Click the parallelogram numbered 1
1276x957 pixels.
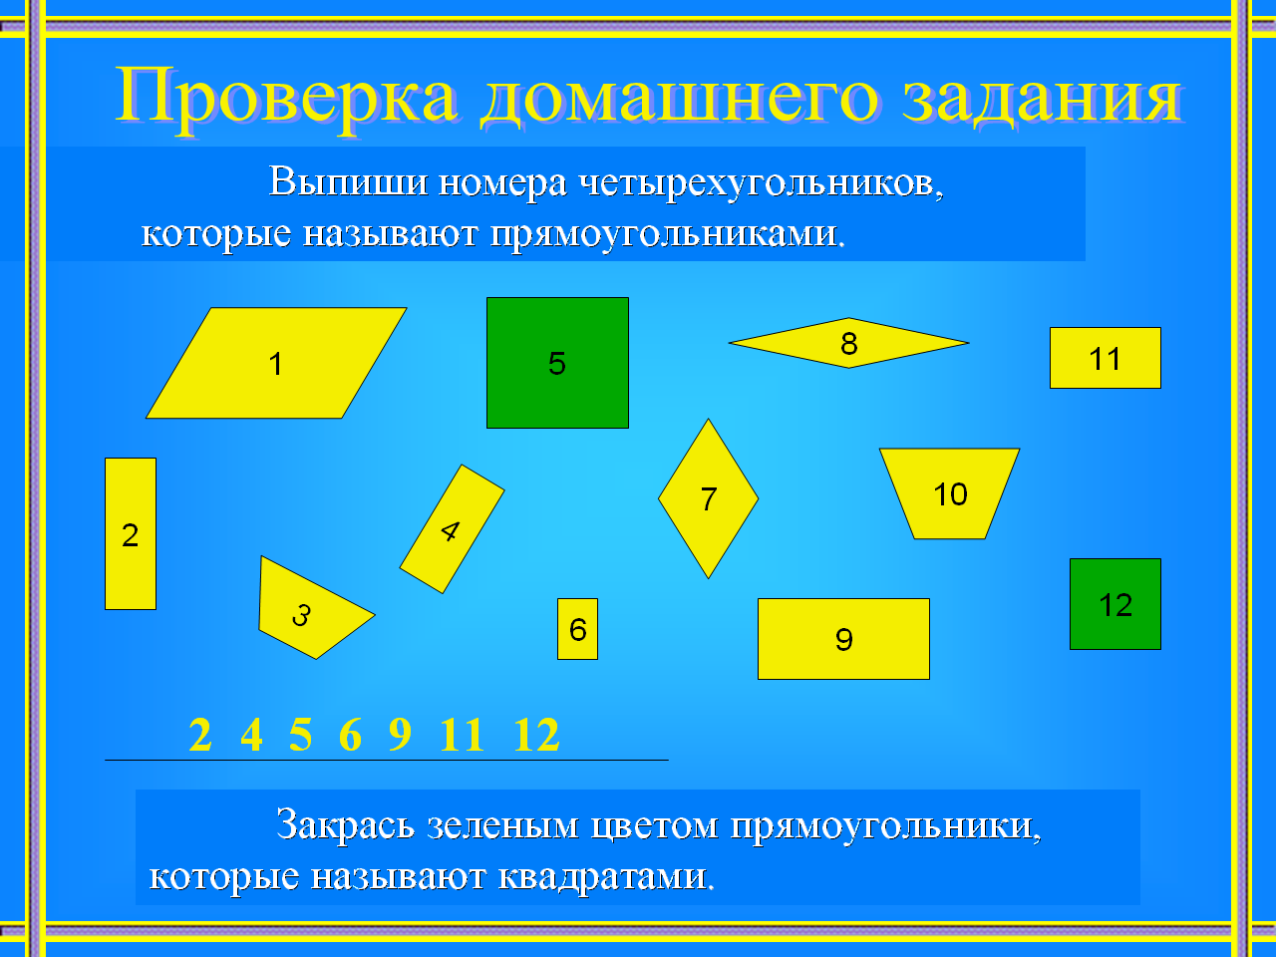pyautogui.click(x=276, y=363)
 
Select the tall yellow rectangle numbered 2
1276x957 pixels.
pyautogui.click(x=131, y=533)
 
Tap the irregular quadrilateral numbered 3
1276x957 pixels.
pyautogui.click(x=308, y=609)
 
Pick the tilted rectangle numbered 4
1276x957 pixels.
pyautogui.click(x=452, y=528)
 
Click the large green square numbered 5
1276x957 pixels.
pyautogui.click(x=557, y=363)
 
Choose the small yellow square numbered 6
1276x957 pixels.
pyautogui.click(x=577, y=629)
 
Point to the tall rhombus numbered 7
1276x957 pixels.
pyautogui.click(x=708, y=498)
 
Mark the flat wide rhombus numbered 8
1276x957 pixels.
pyautogui.click(x=848, y=343)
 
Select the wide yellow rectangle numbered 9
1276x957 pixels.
pyautogui.click(x=843, y=639)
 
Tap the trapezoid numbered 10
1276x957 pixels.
pyautogui.click(x=949, y=492)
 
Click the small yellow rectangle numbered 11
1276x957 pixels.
pyautogui.click(x=1106, y=357)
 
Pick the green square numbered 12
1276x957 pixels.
pyautogui.click(x=1115, y=604)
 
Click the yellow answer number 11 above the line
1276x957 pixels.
pyautogui.click(x=463, y=735)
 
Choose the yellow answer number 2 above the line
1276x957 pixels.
pyautogui.click(x=200, y=735)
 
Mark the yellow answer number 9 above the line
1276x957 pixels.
pyautogui.click(x=400, y=735)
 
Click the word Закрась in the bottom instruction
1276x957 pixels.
pyautogui.click(x=345, y=824)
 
